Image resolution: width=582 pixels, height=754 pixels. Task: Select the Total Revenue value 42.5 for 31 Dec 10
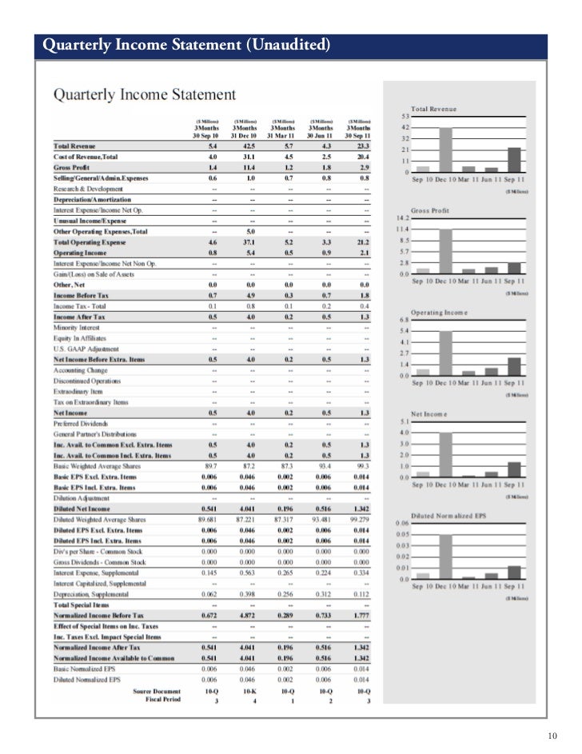click(x=250, y=146)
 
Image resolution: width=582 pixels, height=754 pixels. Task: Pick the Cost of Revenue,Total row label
click(x=86, y=156)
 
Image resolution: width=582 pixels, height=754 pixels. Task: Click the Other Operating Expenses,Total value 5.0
click(x=250, y=231)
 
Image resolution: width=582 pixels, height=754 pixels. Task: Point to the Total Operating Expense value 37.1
click(x=250, y=241)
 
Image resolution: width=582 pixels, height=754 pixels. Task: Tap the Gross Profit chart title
click(x=430, y=209)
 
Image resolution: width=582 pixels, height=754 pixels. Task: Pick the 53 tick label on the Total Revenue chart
click(x=405, y=116)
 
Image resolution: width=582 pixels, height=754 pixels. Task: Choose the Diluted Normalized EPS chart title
click(x=449, y=514)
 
